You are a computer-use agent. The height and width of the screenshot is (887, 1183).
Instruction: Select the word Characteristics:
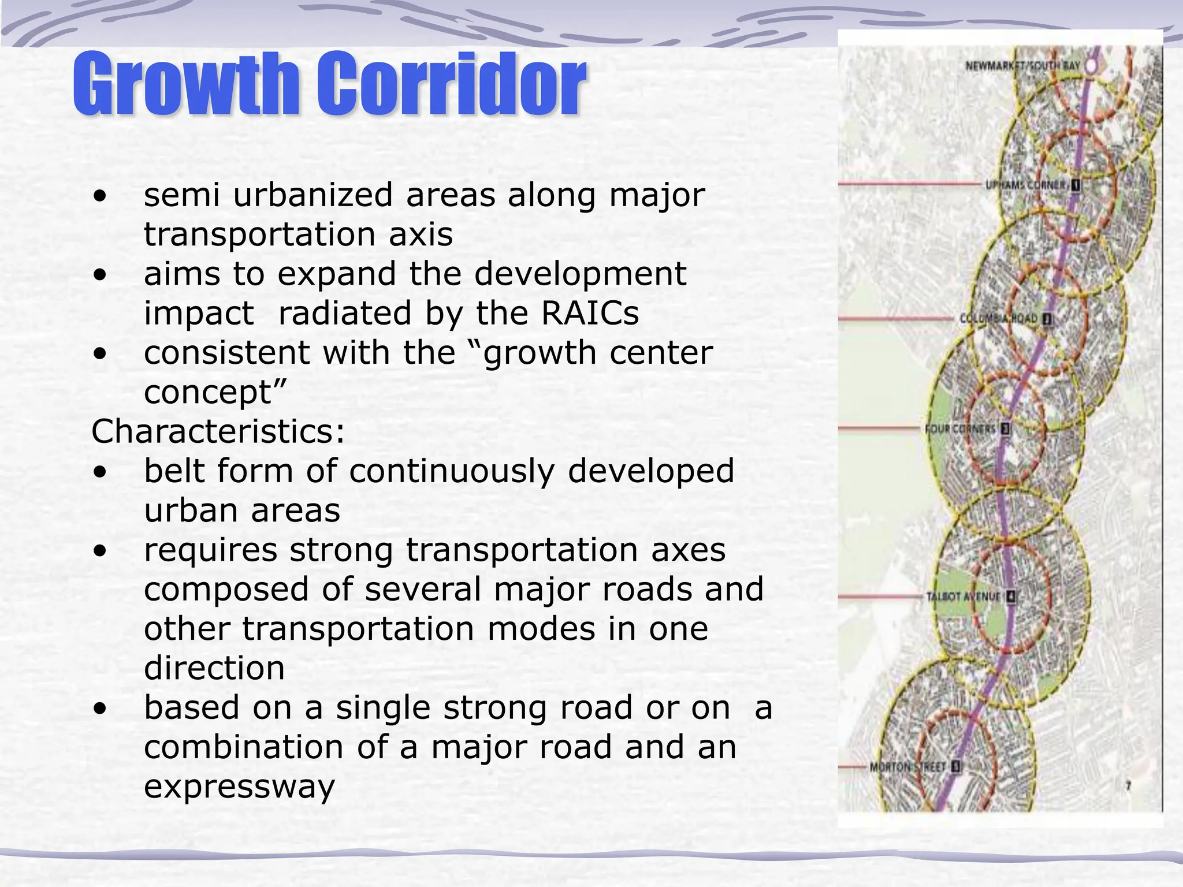[x=218, y=431]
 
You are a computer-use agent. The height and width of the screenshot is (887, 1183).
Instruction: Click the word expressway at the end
[x=239, y=787]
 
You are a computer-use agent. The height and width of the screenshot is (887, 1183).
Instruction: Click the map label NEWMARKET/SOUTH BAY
[x=1022, y=66]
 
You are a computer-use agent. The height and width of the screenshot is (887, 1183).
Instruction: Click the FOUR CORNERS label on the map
[x=961, y=429]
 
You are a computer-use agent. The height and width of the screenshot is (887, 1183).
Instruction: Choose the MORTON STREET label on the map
[x=907, y=767]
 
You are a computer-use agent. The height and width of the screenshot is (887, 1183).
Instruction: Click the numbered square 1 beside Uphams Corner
[x=1076, y=185]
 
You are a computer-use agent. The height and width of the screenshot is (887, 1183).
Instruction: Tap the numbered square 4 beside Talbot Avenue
[x=1010, y=597]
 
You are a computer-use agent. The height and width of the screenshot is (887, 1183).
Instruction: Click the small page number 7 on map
[x=1128, y=786]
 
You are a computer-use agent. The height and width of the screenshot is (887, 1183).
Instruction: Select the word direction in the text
[x=214, y=668]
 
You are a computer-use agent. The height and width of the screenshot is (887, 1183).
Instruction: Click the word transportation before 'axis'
[x=259, y=235]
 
